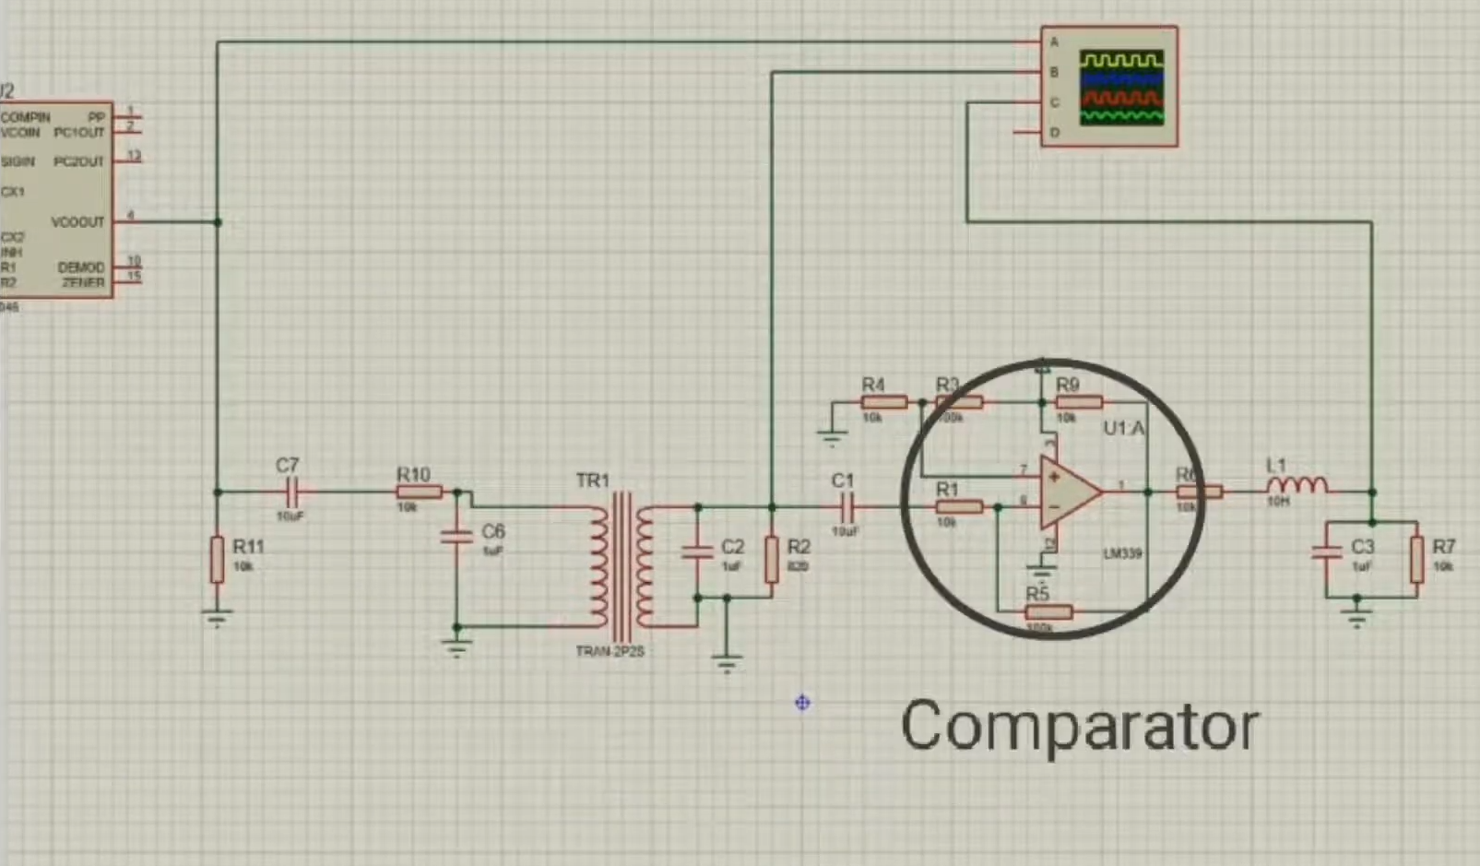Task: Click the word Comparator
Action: pos(1079,727)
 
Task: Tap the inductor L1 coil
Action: pos(1296,486)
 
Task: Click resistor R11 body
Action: pos(217,560)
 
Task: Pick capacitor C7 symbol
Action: pos(291,492)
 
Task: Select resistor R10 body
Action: pos(419,492)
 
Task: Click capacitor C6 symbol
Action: pos(456,535)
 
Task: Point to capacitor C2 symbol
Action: pos(697,552)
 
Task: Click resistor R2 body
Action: pos(772,560)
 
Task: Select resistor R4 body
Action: pos(883,402)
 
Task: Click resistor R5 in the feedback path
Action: pos(1048,611)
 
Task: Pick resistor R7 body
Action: pos(1417,560)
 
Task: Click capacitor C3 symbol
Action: pos(1326,552)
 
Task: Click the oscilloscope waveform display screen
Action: pos(1121,88)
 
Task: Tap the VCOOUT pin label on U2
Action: pos(77,222)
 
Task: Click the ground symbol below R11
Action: pos(217,617)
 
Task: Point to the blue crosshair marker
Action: pos(802,703)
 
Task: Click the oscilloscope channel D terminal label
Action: pos(1055,133)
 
